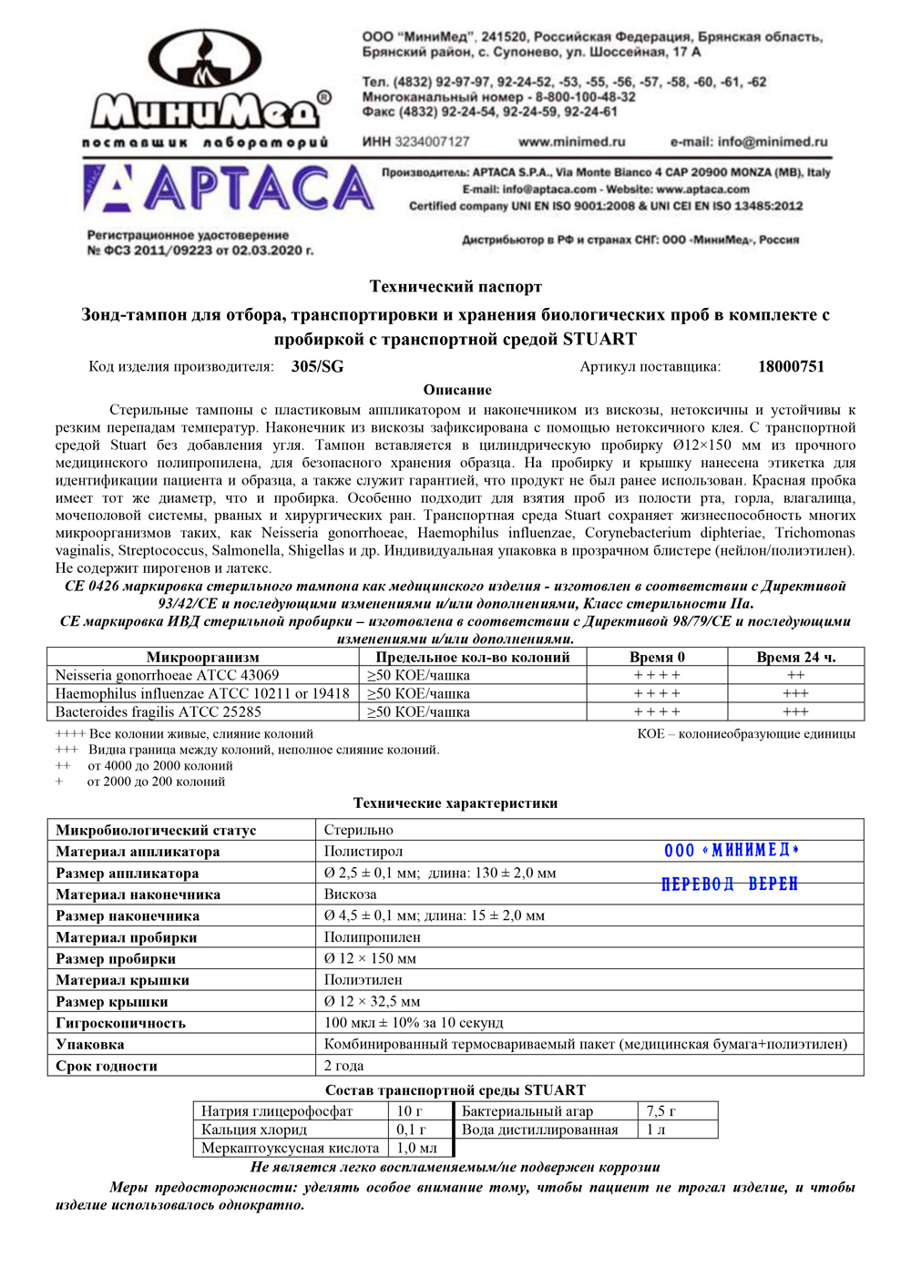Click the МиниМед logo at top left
pyautogui.click(x=208, y=87)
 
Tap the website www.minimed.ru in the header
pyautogui.click(x=571, y=142)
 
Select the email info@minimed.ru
pyautogui.click(x=749, y=142)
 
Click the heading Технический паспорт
pyautogui.click(x=455, y=287)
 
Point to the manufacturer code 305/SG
pyautogui.click(x=317, y=367)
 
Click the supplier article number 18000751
pyautogui.click(x=791, y=367)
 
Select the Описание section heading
pyautogui.click(x=457, y=390)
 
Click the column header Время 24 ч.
pyautogui.click(x=795, y=657)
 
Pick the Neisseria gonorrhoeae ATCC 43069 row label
pyautogui.click(x=167, y=675)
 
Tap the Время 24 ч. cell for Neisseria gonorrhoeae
pyautogui.click(x=795, y=675)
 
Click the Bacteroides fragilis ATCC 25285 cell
pyautogui.click(x=158, y=711)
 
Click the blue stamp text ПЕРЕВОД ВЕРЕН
pyautogui.click(x=729, y=884)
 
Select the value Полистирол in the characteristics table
pyautogui.click(x=363, y=852)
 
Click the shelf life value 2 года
pyautogui.click(x=343, y=1066)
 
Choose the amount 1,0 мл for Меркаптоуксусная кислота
pyautogui.click(x=416, y=1148)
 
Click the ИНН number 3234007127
pyautogui.click(x=416, y=142)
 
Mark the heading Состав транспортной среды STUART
pyautogui.click(x=455, y=1090)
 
